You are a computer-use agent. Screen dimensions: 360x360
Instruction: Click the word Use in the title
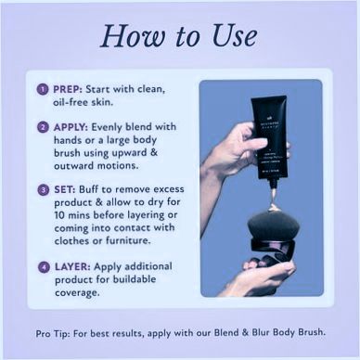tap(235, 35)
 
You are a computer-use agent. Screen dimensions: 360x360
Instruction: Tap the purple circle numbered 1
tap(43, 89)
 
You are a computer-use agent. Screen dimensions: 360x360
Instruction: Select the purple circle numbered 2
tap(44, 127)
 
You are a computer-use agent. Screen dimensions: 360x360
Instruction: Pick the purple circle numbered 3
tap(44, 190)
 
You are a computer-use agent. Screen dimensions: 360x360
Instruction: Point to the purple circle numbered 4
tap(44, 267)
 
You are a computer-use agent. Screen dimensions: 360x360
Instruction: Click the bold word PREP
tap(68, 89)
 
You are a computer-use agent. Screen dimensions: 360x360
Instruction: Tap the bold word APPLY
tap(71, 127)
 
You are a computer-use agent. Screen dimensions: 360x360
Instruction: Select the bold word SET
tap(65, 189)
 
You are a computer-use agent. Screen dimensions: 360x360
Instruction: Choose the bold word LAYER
tap(72, 266)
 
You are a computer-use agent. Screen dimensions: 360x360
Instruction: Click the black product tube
tap(271, 138)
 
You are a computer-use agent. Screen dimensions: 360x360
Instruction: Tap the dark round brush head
tap(274, 225)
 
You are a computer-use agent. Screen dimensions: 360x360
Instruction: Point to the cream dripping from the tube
tap(273, 199)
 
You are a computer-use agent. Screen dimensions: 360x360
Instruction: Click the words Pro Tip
tap(52, 333)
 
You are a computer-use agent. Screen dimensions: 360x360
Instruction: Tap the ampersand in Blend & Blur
tap(245, 333)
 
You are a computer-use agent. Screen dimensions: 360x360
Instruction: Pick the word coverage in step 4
tap(77, 293)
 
